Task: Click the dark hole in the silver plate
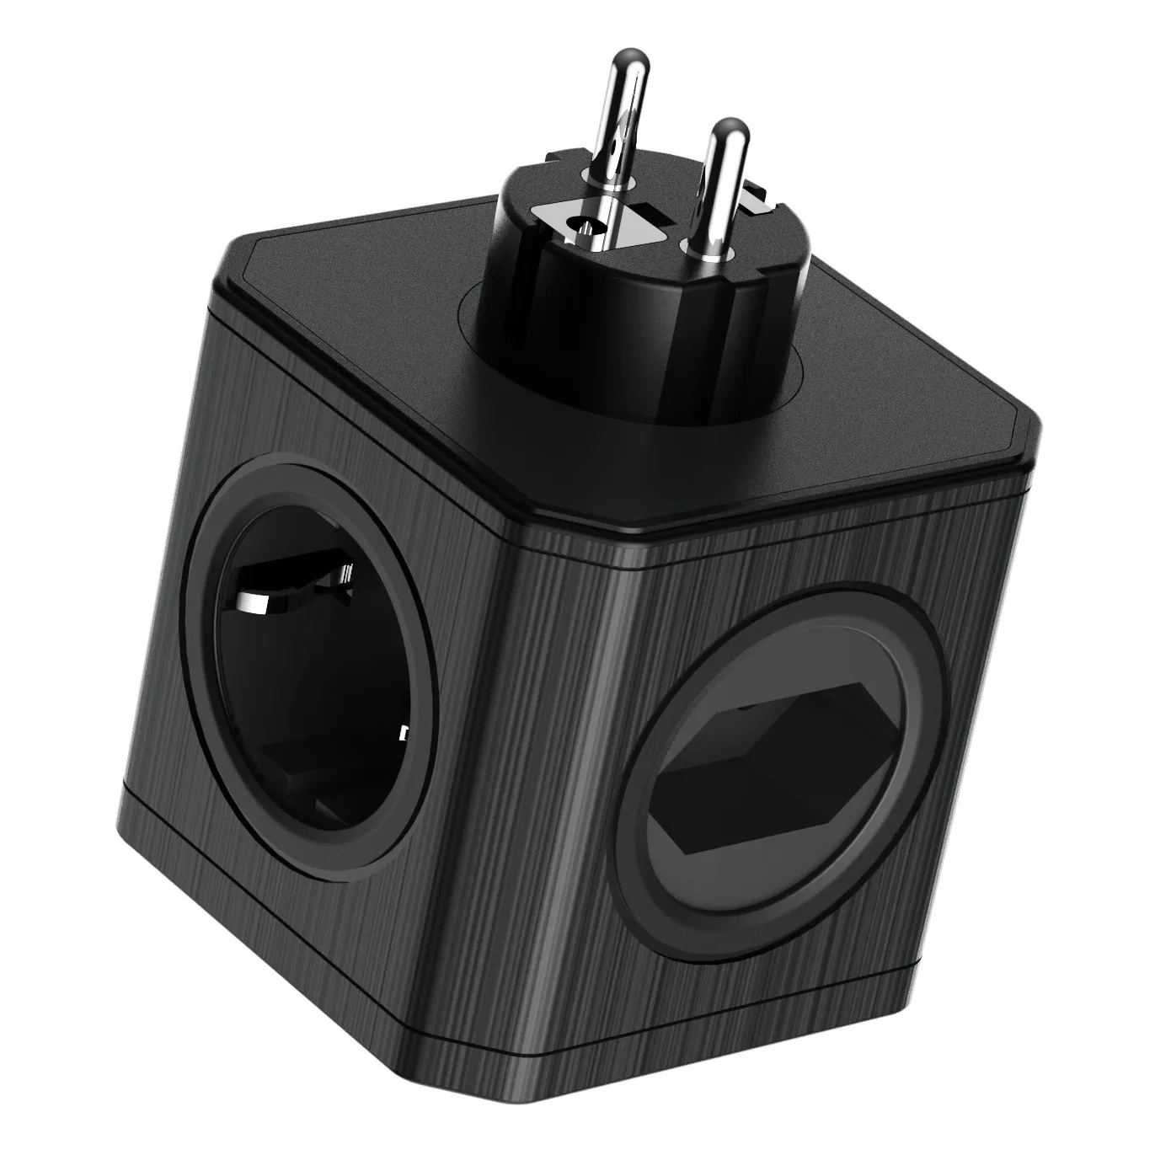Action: point(578,226)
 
